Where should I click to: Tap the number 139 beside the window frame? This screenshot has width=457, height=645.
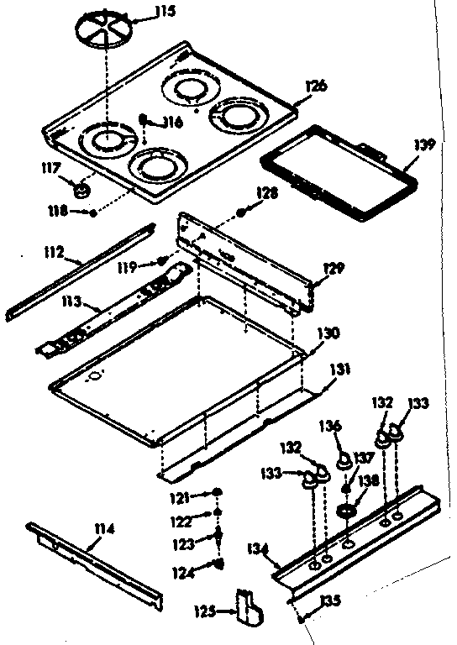click(425, 144)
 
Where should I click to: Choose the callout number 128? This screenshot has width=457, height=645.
click(266, 195)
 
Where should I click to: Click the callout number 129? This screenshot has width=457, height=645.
click(335, 268)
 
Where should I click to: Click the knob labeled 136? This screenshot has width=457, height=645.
click(343, 460)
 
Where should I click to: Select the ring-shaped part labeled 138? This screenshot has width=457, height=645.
click(344, 511)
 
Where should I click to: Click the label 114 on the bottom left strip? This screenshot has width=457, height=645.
click(105, 529)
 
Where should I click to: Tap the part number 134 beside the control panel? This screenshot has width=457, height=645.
click(260, 551)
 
